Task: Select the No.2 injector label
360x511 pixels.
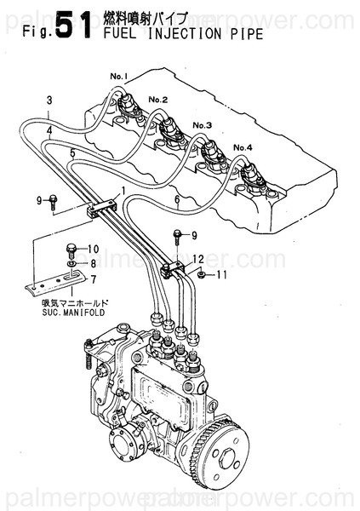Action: coord(158,100)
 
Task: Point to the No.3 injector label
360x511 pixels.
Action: coord(203,124)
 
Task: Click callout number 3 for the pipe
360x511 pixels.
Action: coord(50,100)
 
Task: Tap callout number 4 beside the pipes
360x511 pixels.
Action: coord(50,130)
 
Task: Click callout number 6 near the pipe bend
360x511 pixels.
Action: coord(176,200)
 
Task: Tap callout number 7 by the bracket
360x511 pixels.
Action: coord(94,278)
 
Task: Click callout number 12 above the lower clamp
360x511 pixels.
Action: coord(197,258)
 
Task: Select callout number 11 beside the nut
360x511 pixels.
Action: coord(222,275)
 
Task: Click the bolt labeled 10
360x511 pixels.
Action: coord(71,249)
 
